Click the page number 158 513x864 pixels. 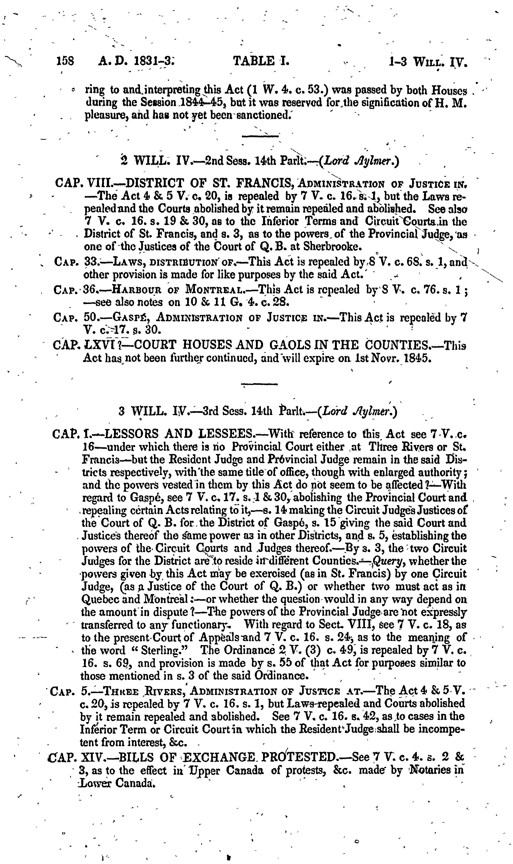pyautogui.click(x=65, y=62)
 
